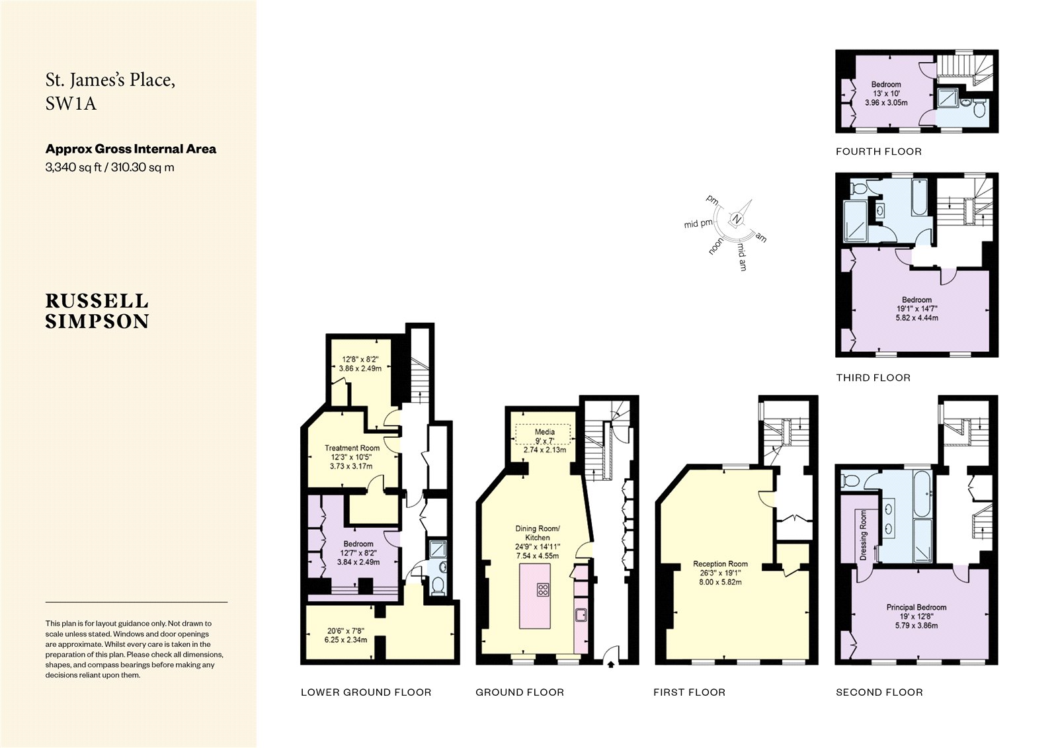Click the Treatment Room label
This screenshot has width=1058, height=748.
352,448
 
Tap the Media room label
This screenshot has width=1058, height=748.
544,432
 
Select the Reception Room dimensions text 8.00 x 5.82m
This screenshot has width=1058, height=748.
720,583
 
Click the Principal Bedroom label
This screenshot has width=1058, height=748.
916,607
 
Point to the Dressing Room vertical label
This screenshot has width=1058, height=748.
863,535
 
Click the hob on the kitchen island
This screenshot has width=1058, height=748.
544,590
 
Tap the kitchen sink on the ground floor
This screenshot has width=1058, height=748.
581,616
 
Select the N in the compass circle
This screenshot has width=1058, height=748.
737,220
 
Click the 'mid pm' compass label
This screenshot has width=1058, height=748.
698,224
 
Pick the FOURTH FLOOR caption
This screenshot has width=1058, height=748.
878,151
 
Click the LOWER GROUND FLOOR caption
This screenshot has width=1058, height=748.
366,692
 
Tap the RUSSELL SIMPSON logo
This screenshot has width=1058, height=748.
97,311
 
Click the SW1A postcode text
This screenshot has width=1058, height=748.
71,104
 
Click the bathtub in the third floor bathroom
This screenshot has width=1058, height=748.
920,197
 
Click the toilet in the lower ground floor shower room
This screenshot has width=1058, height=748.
437,586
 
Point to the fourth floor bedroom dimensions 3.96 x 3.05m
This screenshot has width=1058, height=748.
886,103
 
